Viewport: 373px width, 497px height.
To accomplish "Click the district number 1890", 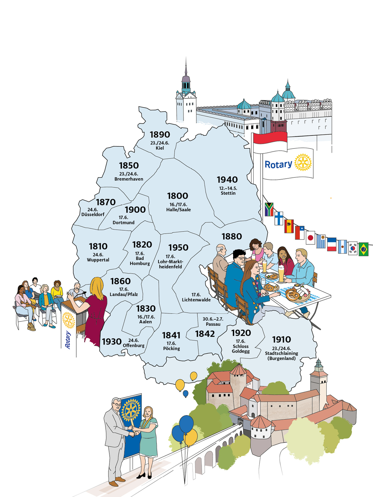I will pyautogui.click(x=160, y=135).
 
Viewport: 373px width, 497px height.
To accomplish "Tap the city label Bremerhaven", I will pyautogui.click(x=129, y=179).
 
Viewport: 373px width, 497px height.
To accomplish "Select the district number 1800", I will pyautogui.click(x=177, y=196).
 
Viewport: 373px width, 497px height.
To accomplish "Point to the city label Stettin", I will pyautogui.click(x=228, y=193).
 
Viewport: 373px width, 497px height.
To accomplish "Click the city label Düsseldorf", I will pyautogui.click(x=93, y=214).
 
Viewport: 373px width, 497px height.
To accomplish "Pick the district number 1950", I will pyautogui.click(x=178, y=248).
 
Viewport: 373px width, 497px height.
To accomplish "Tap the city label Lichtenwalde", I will pyautogui.click(x=196, y=300).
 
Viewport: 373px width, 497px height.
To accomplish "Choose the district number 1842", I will pyautogui.click(x=205, y=334).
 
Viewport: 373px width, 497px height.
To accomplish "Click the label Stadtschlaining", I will pyautogui.click(x=281, y=353).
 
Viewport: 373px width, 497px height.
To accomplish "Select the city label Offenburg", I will pyautogui.click(x=134, y=345).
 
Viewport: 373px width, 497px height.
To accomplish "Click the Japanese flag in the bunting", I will pyautogui.click(x=310, y=238).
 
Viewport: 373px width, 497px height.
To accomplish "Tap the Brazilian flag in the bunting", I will pyautogui.click(x=363, y=249).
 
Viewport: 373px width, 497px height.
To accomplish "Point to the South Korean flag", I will pyautogui.click(x=353, y=248).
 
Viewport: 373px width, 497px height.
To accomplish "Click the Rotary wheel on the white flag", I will pyautogui.click(x=302, y=162).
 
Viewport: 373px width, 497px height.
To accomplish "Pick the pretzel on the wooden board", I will pyautogui.click(x=292, y=294).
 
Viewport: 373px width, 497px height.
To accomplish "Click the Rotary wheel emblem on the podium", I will pyautogui.click(x=68, y=320).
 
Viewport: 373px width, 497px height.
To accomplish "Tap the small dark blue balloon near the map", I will pyautogui.click(x=186, y=394).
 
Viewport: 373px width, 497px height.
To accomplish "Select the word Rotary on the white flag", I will pyautogui.click(x=278, y=164).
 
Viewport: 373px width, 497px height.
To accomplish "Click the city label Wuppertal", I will pyautogui.click(x=98, y=260).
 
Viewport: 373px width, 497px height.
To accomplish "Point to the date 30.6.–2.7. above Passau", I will pyautogui.click(x=213, y=319).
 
